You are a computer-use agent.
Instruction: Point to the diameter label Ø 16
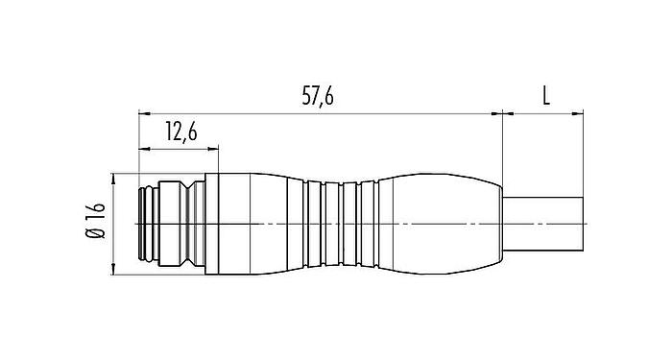[94, 224]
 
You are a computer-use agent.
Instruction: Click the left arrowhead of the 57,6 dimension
[145, 112]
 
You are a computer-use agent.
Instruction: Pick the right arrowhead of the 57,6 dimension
[497, 112]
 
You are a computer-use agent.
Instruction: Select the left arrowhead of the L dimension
[509, 112]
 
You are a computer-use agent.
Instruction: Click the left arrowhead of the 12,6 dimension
[145, 149]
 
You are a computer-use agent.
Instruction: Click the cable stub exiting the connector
[543, 225]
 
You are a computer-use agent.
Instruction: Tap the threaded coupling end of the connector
[168, 225]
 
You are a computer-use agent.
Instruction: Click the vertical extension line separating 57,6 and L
[503, 144]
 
